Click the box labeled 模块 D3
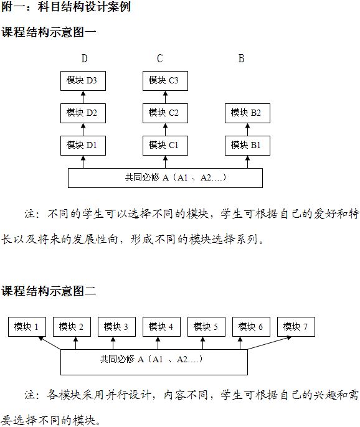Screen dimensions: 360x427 tap(83, 81)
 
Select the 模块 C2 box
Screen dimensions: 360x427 tap(165, 113)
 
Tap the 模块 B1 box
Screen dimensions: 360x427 tap(247, 146)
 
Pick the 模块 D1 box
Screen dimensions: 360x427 tap(83, 146)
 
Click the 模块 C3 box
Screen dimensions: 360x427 tap(165, 81)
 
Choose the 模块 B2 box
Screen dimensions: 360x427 tap(247, 113)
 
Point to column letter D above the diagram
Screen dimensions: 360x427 tap(85, 59)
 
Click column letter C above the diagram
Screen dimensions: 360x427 tap(160, 59)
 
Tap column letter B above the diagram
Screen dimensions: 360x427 tap(242, 59)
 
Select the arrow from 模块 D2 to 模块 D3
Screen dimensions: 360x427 tap(83, 97)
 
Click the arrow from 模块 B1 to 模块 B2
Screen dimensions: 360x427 tap(247, 129)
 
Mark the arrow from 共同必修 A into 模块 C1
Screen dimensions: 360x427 tap(165, 162)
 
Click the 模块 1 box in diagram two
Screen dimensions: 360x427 tap(27, 327)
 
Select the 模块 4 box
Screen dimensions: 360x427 tap(161, 327)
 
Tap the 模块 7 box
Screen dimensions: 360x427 tap(296, 327)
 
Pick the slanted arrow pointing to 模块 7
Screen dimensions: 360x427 tap(269, 343)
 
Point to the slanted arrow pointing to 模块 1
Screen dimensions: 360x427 tap(49, 343)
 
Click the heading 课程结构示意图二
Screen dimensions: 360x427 tap(49, 291)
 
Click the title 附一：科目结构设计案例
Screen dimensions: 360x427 tap(66, 6)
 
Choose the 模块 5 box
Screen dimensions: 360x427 tap(206, 327)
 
